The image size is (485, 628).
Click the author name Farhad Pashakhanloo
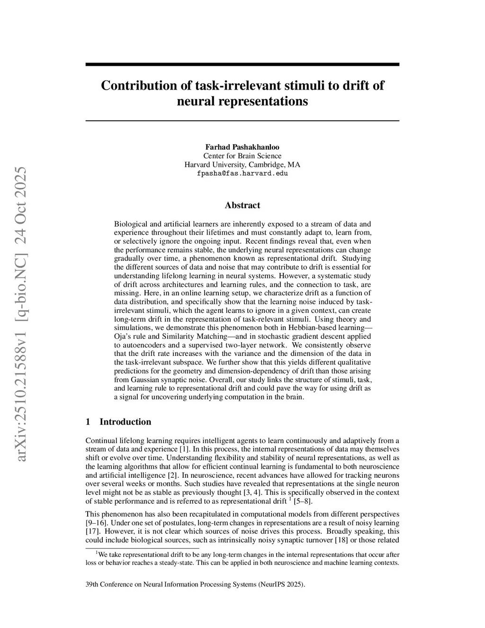(x=242, y=147)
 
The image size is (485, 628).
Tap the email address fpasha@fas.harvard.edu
(x=242, y=173)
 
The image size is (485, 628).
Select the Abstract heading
(x=242, y=205)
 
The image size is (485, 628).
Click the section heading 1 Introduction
(x=118, y=422)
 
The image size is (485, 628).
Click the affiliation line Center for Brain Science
(x=242, y=156)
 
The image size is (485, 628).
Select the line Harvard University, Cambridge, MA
(x=242, y=164)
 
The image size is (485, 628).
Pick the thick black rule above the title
(x=242, y=64)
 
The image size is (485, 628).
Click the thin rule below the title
(x=242, y=121)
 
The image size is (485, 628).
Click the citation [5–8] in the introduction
(x=303, y=501)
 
